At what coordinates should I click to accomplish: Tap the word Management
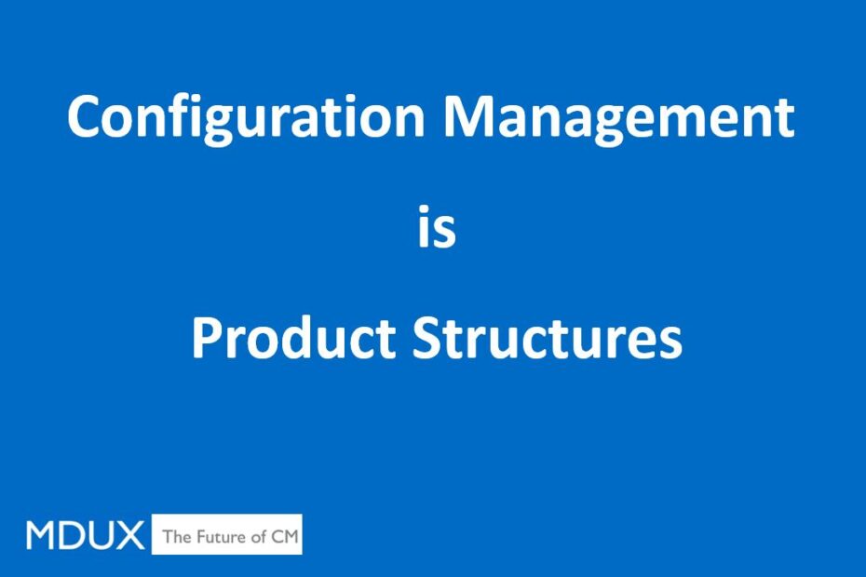pos(619,116)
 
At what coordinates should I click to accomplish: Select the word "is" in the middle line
pos(437,226)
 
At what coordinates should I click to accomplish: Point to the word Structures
pos(548,337)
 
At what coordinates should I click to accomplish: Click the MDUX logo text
pos(85,534)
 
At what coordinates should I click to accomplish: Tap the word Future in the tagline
pos(220,536)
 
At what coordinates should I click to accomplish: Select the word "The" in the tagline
pos(176,536)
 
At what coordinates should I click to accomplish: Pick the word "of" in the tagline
pos(258,536)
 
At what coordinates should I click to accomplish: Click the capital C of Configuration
pos(85,116)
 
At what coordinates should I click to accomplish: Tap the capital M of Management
pos(470,116)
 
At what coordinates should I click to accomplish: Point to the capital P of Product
pos(208,338)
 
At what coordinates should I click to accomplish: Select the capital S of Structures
pos(427,338)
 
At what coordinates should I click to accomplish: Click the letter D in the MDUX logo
pos(72,534)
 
